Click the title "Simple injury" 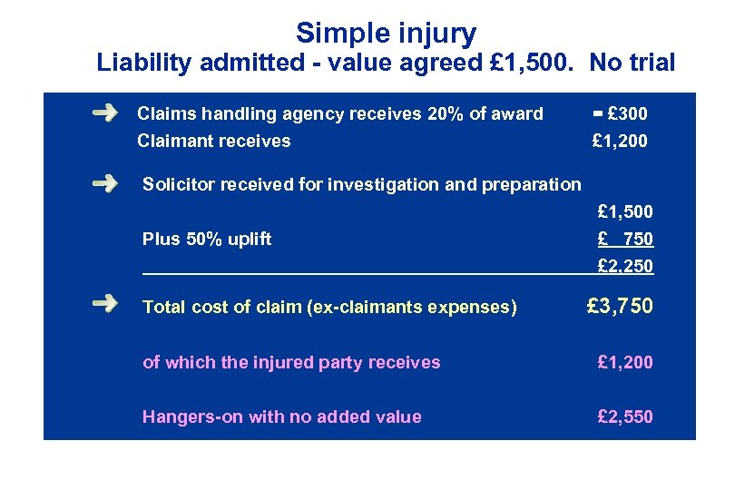pos(386,34)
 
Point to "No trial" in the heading pos(632,64)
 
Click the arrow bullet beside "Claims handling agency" pos(105,113)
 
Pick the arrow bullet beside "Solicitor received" pos(105,183)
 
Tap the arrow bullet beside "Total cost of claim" pos(105,305)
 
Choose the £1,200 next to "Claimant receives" pos(620,141)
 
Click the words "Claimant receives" pos(213,141)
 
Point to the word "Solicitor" pos(177,184)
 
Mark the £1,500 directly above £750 pos(625,212)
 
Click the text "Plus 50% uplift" pos(207,240)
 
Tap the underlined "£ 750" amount pos(625,240)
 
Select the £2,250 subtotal pos(625,267)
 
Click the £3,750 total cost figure pos(620,306)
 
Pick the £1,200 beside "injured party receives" pos(625,363)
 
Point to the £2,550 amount pos(625,417)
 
